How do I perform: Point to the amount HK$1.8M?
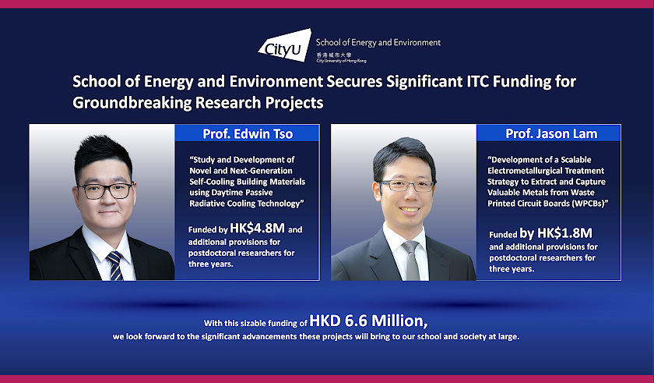(x=567, y=232)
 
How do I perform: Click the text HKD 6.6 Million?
(x=368, y=320)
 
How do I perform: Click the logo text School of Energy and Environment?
(x=378, y=42)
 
